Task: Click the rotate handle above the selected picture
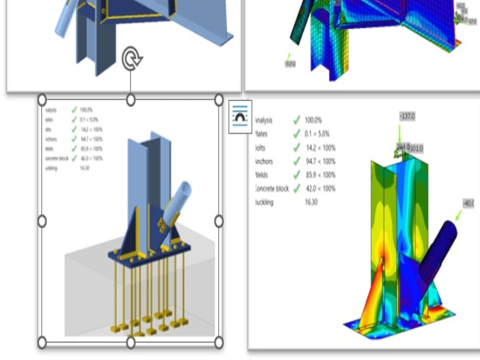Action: tap(131, 59)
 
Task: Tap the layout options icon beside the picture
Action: tap(240, 117)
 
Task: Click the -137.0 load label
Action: tap(407, 117)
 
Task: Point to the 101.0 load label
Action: tap(416, 148)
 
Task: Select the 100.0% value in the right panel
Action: tap(313, 120)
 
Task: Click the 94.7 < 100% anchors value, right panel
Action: tap(321, 161)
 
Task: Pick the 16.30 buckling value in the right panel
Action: tap(311, 202)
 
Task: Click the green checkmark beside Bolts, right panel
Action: tap(297, 147)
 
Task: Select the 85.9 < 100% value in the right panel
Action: tap(321, 175)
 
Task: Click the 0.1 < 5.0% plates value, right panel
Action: tap(318, 134)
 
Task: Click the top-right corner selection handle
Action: tap(218, 100)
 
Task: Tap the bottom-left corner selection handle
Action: tap(42, 342)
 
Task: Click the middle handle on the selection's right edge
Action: tap(218, 221)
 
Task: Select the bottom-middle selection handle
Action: tap(131, 342)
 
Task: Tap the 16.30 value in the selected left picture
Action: tap(84, 168)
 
